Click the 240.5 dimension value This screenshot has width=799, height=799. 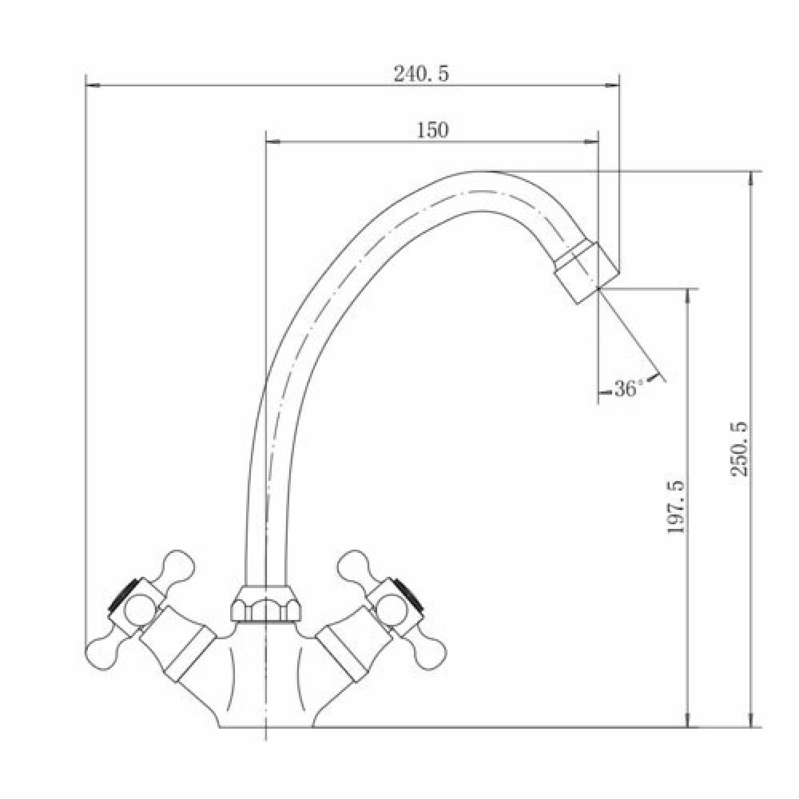421,74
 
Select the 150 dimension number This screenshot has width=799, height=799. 432,130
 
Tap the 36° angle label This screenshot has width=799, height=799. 626,389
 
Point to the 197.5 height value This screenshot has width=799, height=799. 676,507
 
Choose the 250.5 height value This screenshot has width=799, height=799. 739,448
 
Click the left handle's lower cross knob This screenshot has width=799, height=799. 102,652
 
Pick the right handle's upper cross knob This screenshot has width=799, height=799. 355,566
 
